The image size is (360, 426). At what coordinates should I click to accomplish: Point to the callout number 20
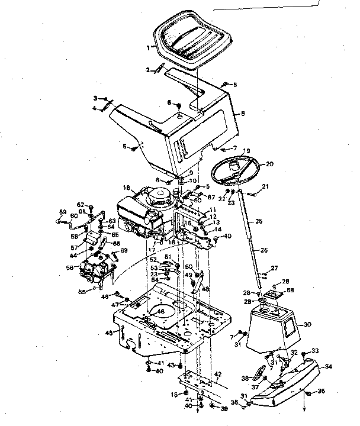tap(269, 164)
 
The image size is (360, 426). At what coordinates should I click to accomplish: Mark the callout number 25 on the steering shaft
tap(259, 221)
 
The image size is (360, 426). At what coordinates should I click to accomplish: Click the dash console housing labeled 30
tap(273, 331)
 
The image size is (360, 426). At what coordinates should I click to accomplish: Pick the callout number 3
tap(95, 98)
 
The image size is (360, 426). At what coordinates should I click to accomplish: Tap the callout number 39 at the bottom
tap(224, 409)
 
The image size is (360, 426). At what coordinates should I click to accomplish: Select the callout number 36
tap(322, 391)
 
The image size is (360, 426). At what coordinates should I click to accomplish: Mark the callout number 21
tap(265, 186)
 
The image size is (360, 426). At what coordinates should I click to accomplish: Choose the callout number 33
tap(316, 351)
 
